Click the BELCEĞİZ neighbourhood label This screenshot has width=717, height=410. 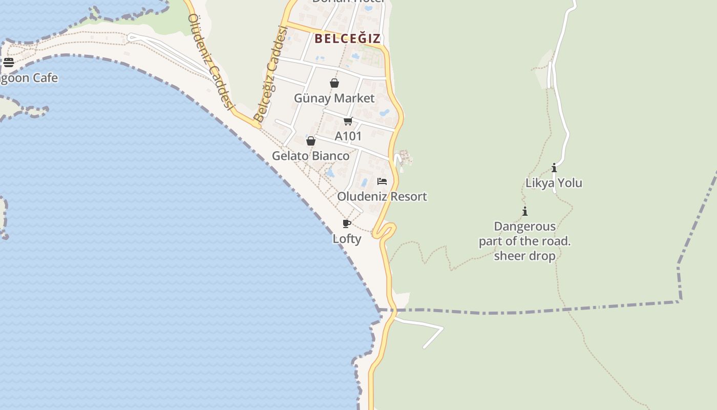[x=348, y=38]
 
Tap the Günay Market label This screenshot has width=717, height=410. [x=334, y=98]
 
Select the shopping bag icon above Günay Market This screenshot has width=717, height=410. [x=334, y=83]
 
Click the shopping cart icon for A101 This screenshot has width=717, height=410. [x=348, y=121]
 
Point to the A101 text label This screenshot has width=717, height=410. [x=348, y=136]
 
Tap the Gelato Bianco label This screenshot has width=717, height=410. [x=310, y=156]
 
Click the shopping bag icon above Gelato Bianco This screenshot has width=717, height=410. [x=311, y=141]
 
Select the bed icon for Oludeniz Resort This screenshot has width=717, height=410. [x=382, y=181]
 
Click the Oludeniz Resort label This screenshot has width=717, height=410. [x=382, y=196]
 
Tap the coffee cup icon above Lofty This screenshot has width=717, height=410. [x=347, y=223]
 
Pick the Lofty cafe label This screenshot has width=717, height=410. [x=347, y=238]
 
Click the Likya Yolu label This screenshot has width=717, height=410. [x=554, y=183]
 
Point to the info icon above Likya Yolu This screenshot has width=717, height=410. [x=554, y=168]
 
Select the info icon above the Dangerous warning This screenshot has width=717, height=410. [x=525, y=211]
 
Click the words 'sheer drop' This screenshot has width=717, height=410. [x=524, y=256]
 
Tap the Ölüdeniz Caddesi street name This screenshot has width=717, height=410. [x=210, y=61]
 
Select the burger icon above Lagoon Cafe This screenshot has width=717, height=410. [x=9, y=63]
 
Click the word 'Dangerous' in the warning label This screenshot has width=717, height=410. [x=524, y=227]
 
